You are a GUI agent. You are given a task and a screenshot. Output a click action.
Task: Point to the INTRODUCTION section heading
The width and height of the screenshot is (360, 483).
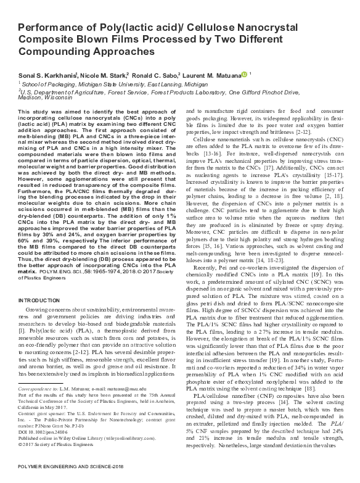coord(39,300)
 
